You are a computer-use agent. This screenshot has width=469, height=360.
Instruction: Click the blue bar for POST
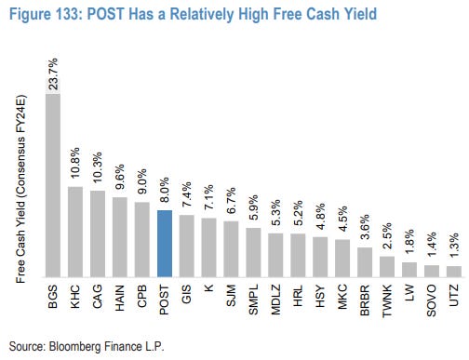[x=165, y=243]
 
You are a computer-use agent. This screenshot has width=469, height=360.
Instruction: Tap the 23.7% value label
[x=54, y=73]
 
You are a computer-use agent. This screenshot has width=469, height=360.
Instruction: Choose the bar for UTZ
[x=453, y=271]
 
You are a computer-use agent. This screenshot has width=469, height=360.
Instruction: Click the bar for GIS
[x=187, y=246]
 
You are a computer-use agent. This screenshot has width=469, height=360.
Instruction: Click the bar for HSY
[x=320, y=257]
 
